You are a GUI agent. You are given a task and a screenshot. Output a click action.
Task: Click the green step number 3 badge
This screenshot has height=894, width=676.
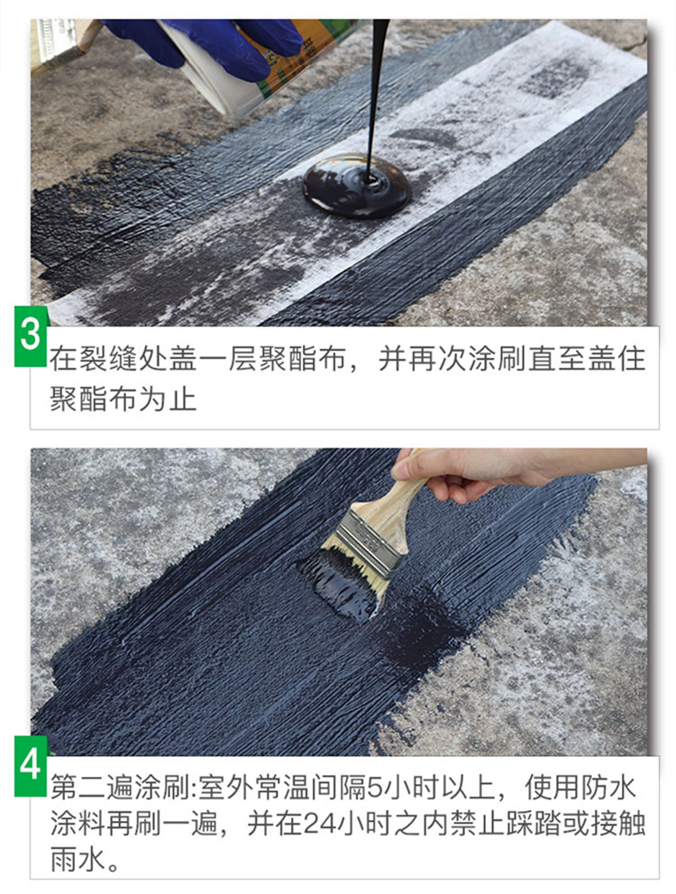31,336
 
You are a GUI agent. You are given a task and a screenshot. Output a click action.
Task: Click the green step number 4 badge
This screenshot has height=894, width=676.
31,765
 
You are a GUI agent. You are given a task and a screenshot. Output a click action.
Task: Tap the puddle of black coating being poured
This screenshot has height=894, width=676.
357,185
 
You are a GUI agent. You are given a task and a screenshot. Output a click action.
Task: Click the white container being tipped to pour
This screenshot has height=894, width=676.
239,63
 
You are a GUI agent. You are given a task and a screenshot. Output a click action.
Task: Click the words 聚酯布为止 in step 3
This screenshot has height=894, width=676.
123,399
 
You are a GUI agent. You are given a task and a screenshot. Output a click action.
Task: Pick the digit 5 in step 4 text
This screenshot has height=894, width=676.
376,788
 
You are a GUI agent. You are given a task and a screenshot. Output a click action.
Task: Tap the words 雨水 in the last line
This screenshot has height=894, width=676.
78,859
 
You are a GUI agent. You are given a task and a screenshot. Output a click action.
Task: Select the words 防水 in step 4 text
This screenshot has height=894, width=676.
608,788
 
